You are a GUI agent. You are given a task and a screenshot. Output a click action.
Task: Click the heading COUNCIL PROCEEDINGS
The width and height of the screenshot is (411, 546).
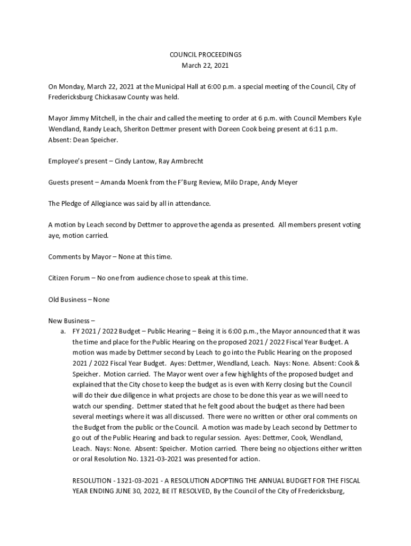(x=205, y=54)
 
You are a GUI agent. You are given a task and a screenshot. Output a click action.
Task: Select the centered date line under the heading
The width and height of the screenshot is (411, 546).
(x=205, y=65)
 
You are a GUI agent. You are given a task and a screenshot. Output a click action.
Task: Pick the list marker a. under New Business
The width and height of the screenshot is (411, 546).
(x=63, y=332)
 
